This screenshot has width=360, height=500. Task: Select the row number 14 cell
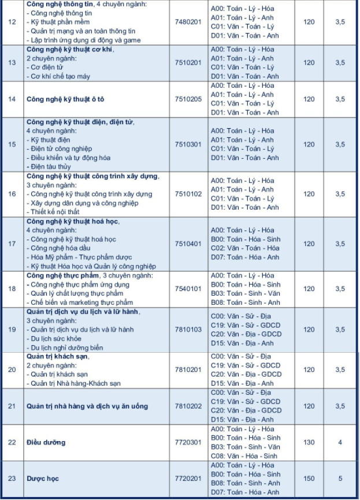12,99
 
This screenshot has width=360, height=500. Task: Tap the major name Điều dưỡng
46,442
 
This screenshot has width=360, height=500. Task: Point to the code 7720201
188,479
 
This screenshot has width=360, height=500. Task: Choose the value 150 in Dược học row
309,479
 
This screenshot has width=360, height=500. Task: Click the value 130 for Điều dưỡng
309,442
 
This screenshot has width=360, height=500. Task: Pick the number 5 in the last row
340,479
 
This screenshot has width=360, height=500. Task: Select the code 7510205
188,99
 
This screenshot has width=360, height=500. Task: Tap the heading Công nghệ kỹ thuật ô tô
65,99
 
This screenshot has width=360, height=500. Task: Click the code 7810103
188,330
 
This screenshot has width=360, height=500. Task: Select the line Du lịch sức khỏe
58,339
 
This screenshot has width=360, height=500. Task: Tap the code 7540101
188,289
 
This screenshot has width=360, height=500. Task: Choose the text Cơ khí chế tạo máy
61,76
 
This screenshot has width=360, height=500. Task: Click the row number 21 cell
12,406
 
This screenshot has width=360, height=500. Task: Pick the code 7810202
188,406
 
